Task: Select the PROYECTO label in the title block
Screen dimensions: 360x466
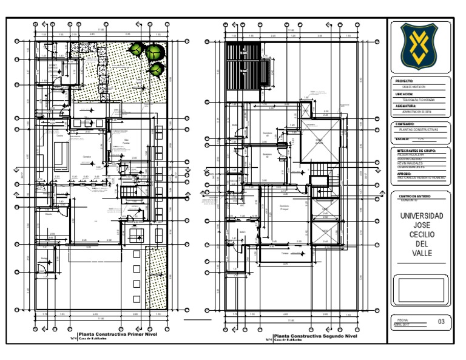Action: (x=404, y=81)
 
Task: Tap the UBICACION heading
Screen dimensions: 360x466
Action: (x=404, y=95)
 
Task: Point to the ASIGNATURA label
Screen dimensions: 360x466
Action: (x=405, y=105)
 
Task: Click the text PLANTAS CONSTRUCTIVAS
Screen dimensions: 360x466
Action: (x=416, y=130)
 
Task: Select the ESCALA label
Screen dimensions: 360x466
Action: (x=403, y=139)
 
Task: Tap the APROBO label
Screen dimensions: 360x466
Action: (x=404, y=174)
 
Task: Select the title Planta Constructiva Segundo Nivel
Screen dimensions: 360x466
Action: (x=315, y=335)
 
